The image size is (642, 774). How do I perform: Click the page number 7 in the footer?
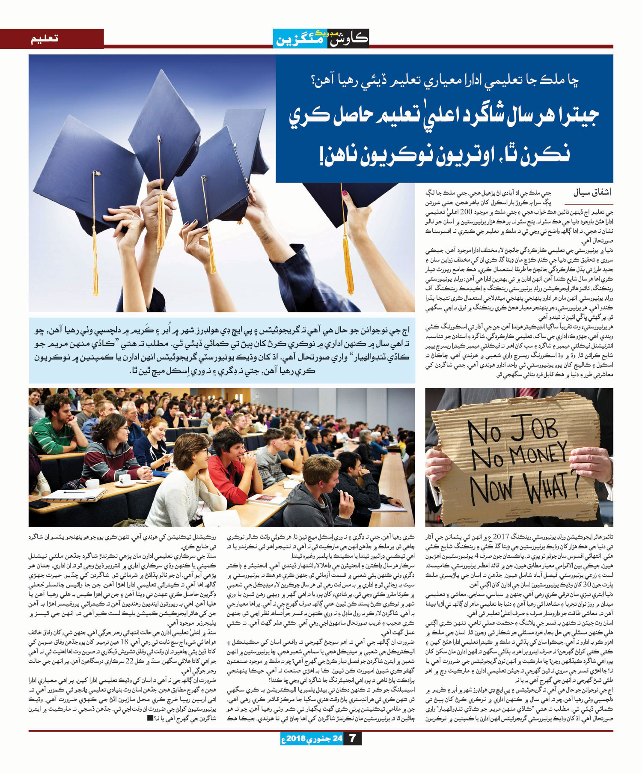(352, 738)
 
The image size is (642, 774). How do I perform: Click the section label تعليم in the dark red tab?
(45, 39)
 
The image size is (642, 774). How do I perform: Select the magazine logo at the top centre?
(321, 38)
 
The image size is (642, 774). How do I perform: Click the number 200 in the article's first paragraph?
(466, 212)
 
